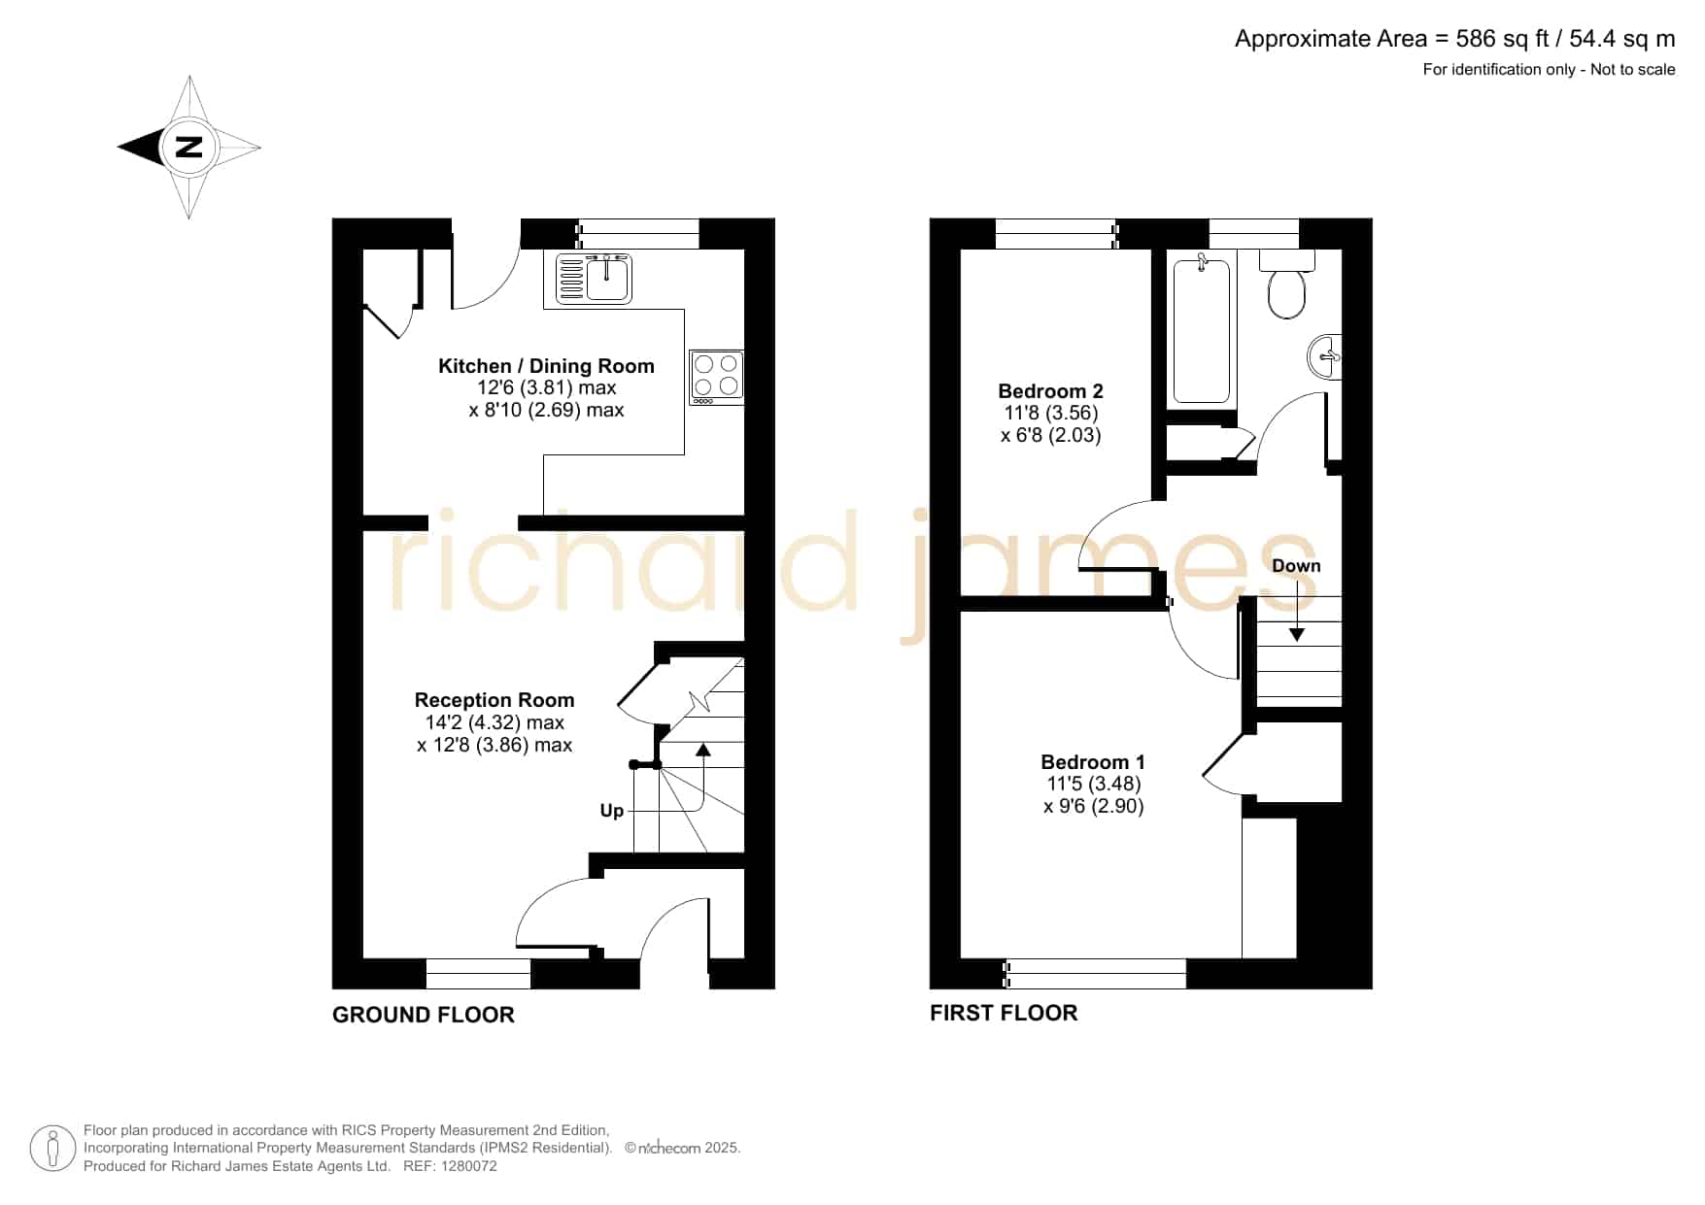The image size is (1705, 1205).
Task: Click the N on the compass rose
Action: click(x=189, y=148)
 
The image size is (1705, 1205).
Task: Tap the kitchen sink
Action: click(x=594, y=278)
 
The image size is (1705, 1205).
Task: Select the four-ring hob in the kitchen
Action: click(x=717, y=378)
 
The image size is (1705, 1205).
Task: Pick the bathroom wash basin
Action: click(x=1325, y=356)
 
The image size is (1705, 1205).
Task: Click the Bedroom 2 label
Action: click(x=1050, y=391)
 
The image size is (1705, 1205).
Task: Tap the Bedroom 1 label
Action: click(x=1093, y=762)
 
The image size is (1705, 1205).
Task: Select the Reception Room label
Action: click(x=494, y=700)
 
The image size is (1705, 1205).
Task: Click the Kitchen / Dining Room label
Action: click(x=546, y=366)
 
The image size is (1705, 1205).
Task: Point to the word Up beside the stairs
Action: click(x=612, y=811)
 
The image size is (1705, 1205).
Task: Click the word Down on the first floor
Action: click(x=1296, y=566)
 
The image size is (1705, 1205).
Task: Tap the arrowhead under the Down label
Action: click(x=1297, y=634)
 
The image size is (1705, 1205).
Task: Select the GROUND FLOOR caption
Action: click(x=424, y=1015)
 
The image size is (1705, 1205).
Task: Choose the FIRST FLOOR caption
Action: click(x=1004, y=1013)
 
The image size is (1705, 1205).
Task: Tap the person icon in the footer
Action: click(x=53, y=1149)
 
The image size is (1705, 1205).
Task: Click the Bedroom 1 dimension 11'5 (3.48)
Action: click(x=1093, y=784)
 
